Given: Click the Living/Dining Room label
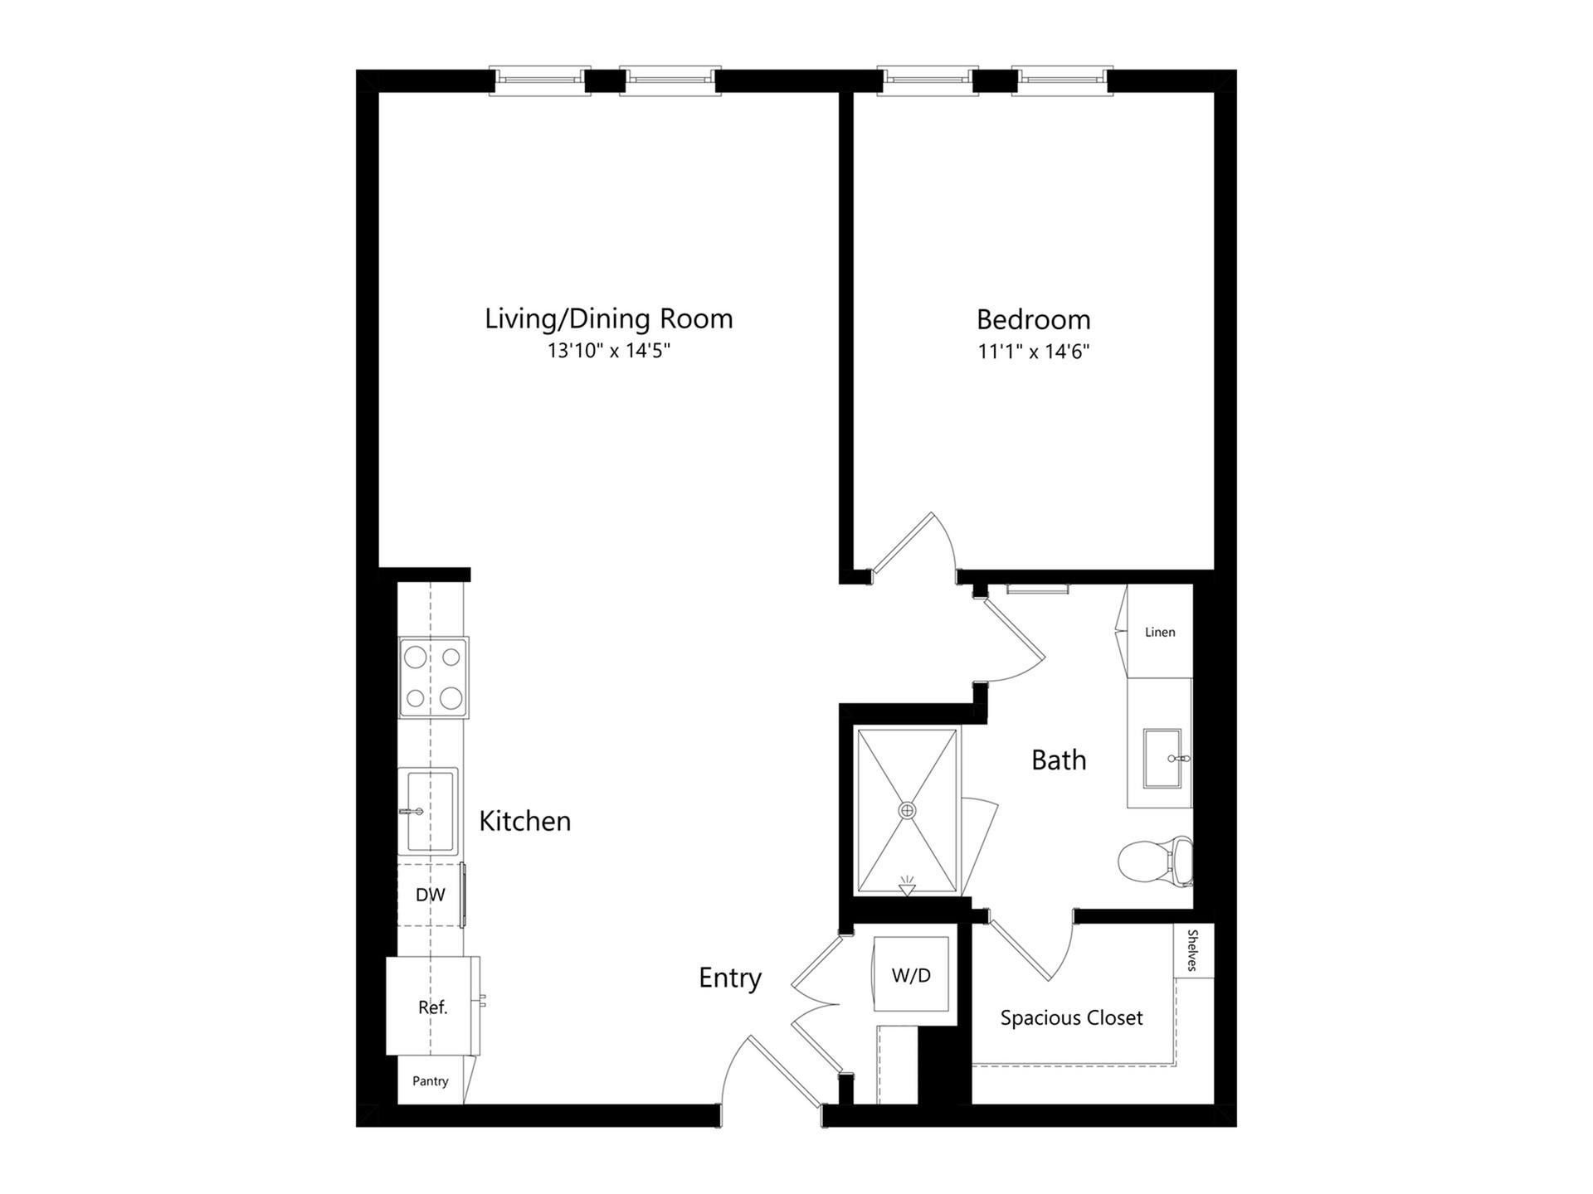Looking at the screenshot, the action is click(x=608, y=319).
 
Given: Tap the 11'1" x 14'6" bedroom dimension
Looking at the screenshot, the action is click(x=1033, y=352).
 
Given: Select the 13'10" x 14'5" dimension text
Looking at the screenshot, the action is click(x=608, y=351).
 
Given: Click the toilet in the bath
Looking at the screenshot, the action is click(x=1156, y=861).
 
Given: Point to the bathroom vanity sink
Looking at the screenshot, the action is click(x=1162, y=758).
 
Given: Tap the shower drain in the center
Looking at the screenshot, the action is click(x=908, y=810).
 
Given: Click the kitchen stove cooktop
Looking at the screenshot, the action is click(x=433, y=677).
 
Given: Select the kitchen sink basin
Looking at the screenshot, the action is click(x=428, y=811).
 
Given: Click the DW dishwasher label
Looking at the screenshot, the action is click(x=430, y=895).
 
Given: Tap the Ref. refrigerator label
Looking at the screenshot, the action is click(x=432, y=1007).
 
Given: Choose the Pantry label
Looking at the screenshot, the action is click(x=430, y=1081).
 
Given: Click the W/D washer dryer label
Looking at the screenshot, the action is click(x=911, y=976).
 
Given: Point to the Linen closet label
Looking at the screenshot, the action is click(x=1160, y=632).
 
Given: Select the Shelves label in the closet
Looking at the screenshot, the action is click(x=1193, y=950).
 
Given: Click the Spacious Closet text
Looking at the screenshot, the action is click(x=1071, y=1018).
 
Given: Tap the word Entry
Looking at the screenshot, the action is click(x=730, y=978).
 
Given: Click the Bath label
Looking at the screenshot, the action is click(x=1059, y=760).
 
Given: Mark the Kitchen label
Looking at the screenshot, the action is click(x=525, y=821).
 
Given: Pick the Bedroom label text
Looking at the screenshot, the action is click(x=1033, y=319).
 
